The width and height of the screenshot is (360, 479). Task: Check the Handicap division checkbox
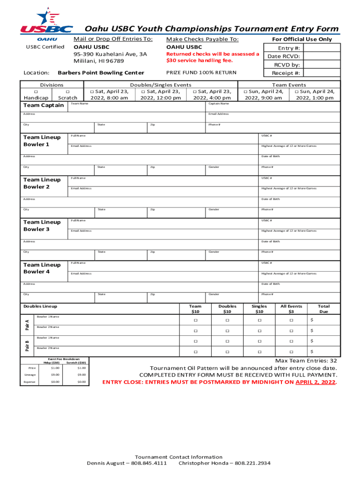click(36, 91)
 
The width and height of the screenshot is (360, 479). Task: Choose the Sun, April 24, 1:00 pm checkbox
click(296, 92)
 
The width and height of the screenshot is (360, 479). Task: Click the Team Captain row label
click(43, 105)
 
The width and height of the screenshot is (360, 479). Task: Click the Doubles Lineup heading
click(40, 306)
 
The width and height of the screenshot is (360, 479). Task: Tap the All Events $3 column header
click(291, 309)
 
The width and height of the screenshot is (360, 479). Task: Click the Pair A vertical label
click(27, 323)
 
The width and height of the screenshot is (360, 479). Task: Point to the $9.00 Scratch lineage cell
click(82, 375)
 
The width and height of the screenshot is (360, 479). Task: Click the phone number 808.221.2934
click(252, 464)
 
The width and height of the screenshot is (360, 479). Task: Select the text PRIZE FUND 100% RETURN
click(201, 73)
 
